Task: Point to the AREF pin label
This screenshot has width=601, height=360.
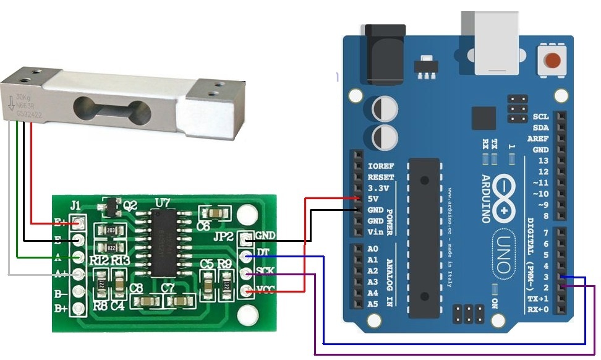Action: click(537, 139)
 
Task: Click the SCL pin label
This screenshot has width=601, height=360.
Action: click(540, 116)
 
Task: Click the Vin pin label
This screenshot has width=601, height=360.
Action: click(375, 233)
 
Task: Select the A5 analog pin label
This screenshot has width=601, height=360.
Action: click(372, 304)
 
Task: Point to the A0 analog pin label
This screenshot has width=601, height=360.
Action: click(372, 249)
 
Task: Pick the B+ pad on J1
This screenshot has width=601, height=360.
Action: click(79, 308)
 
